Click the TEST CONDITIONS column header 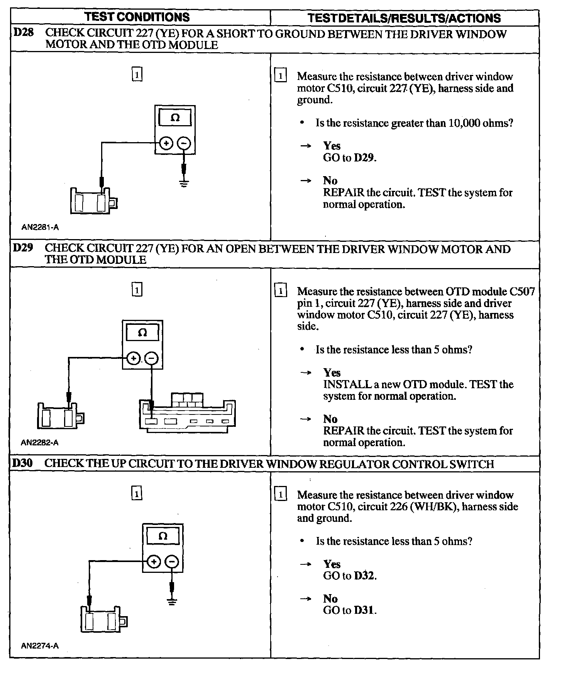tap(137, 17)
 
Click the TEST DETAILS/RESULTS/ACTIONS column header tap(404, 18)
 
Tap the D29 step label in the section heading tap(23, 248)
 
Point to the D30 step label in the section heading tap(23, 463)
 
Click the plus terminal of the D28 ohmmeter tap(166, 143)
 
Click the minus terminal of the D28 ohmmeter tap(184, 143)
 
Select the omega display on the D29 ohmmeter tap(142, 333)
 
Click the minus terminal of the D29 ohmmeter tap(151, 358)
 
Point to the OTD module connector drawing tap(187, 413)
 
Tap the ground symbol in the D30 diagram tap(172, 601)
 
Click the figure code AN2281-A tap(40, 228)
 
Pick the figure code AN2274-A tap(40, 645)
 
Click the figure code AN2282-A tap(40, 443)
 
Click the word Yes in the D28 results tap(332, 146)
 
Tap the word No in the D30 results tap(330, 598)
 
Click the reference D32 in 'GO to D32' tap(364, 576)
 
